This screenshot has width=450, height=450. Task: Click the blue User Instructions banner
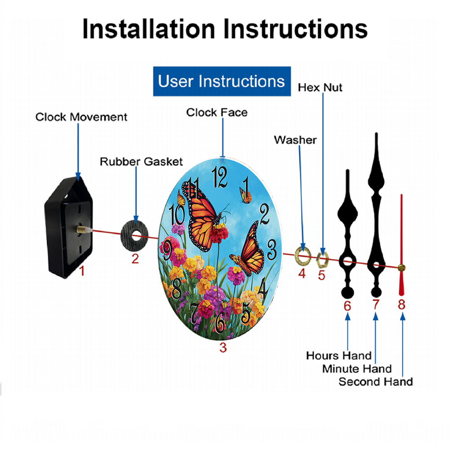tap(222, 81)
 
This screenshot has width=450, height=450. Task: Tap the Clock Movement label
tap(81, 117)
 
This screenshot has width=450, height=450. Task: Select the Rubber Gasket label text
tap(141, 162)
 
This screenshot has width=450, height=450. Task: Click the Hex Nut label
tap(320, 88)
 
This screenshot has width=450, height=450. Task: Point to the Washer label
tap(295, 140)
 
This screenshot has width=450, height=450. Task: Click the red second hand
tap(401, 245)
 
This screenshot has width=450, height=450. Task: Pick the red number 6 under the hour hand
tap(347, 306)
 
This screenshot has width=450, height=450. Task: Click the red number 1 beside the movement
tap(82, 271)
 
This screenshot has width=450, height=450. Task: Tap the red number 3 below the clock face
tap(223, 347)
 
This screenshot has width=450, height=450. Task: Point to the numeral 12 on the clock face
tap(220, 177)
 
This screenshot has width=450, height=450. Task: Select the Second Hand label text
tap(376, 382)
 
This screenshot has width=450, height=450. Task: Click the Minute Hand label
tap(357, 369)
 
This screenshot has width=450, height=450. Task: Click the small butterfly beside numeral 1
tap(245, 196)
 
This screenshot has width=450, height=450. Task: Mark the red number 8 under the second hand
tap(401, 305)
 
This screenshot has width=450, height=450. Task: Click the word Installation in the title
tap(148, 29)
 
